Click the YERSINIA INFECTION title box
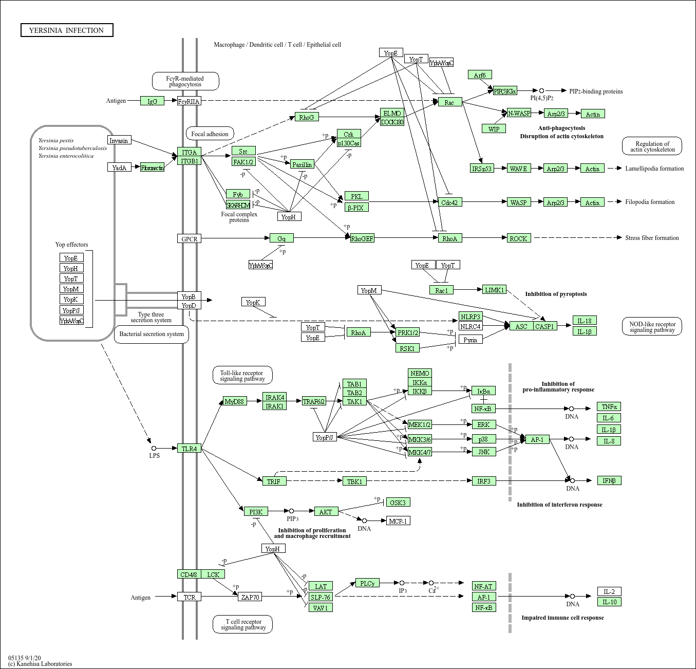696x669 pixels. pos(67,30)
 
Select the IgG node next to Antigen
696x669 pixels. pos(152,101)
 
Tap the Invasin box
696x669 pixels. pos(119,140)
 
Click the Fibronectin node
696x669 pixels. pos(152,168)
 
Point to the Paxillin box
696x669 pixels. pos(302,164)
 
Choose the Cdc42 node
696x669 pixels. pos(449,202)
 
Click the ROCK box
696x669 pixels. pos(518,238)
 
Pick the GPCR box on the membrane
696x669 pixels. pos(189,239)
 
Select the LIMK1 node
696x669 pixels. pos(494,290)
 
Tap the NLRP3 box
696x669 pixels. pos(471,317)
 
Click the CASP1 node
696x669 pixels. pos(544,326)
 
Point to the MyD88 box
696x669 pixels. pos(235,401)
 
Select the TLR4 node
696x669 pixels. pos(189,449)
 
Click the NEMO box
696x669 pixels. pos(420,373)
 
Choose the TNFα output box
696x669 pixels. pos(609,407)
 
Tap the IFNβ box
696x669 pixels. pos(609,481)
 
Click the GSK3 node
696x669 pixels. pos(398,503)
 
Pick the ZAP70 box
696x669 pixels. pos(251,597)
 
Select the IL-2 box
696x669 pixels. pos(609,592)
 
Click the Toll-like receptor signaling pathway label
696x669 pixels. pos(242,376)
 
